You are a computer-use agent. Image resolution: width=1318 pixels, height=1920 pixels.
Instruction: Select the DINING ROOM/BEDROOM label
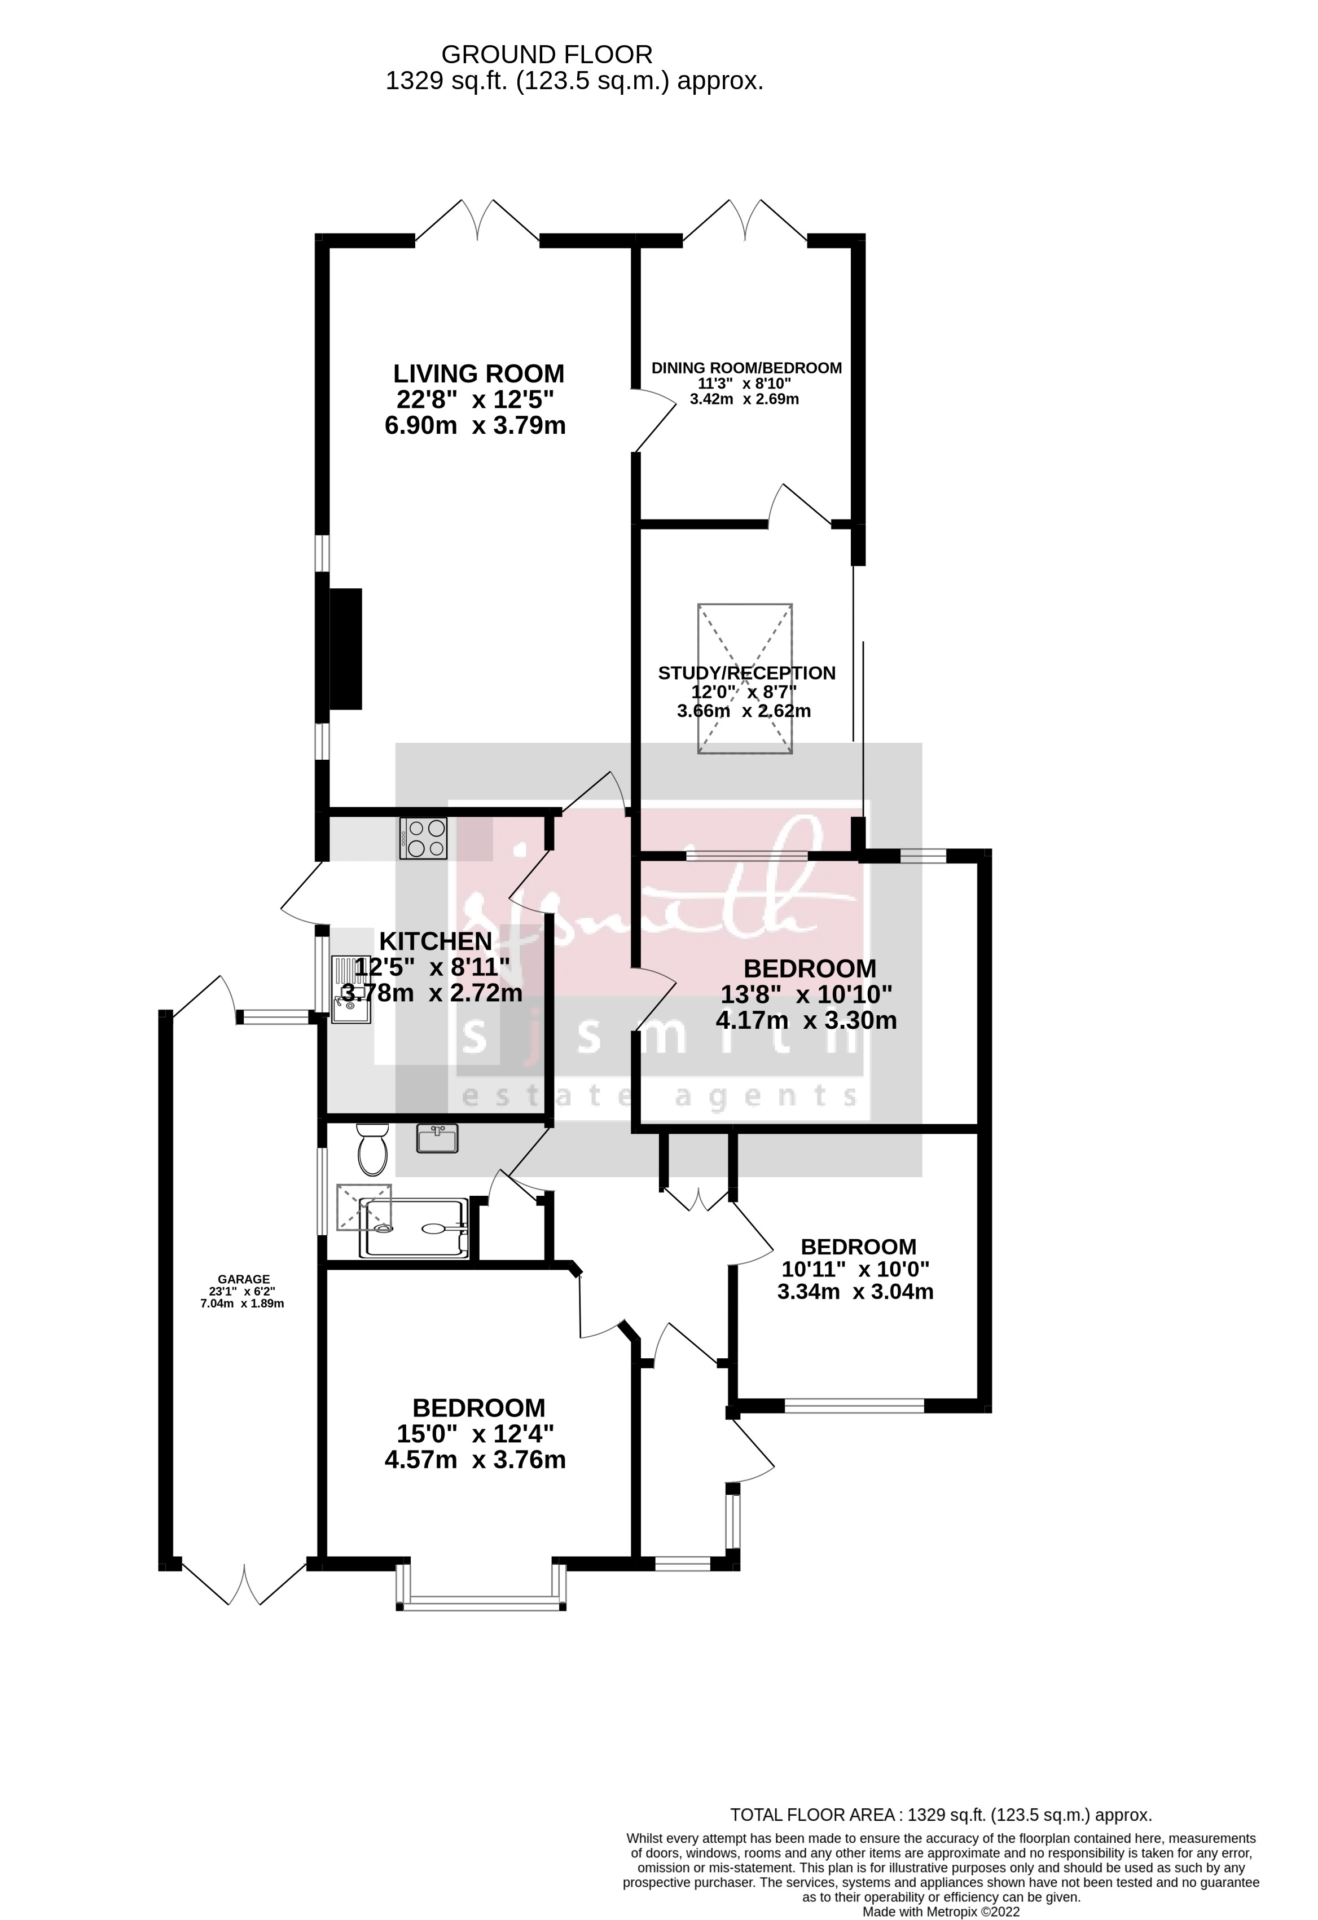[x=746, y=368]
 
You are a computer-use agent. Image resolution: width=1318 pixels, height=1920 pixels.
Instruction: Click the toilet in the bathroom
[x=372, y=1148]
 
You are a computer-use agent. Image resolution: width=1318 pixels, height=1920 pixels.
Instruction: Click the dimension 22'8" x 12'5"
[x=475, y=400]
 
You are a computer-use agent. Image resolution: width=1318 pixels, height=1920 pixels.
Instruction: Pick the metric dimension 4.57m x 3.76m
[x=475, y=1460]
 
